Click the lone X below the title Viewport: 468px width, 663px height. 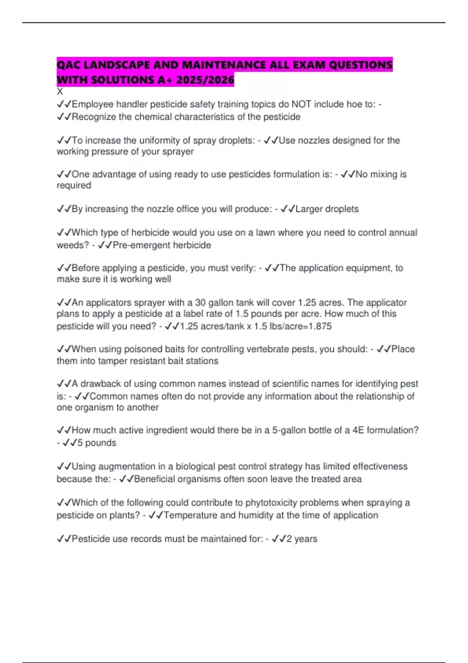(x=60, y=92)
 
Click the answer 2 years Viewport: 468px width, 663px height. (x=301, y=539)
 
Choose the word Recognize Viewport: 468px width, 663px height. (x=94, y=117)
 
